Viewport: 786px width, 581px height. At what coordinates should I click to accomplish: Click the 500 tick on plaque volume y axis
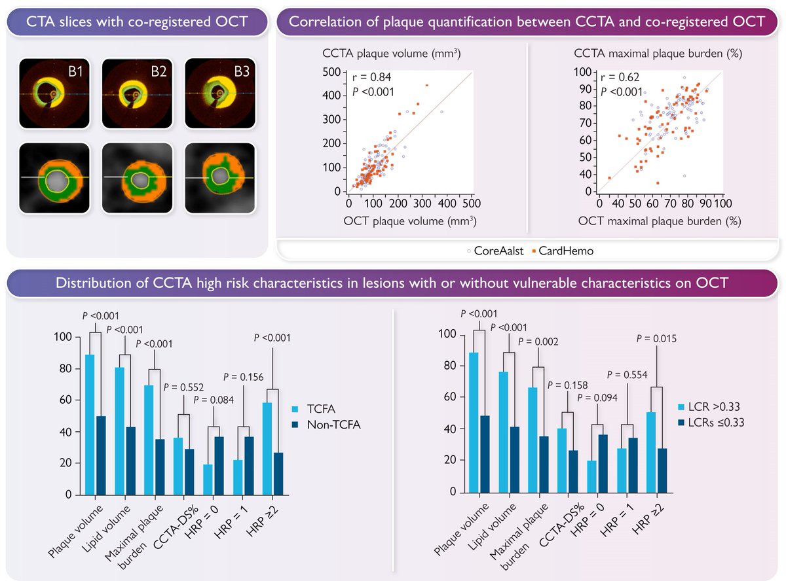click(331, 72)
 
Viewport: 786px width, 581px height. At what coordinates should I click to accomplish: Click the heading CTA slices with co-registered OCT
click(137, 22)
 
